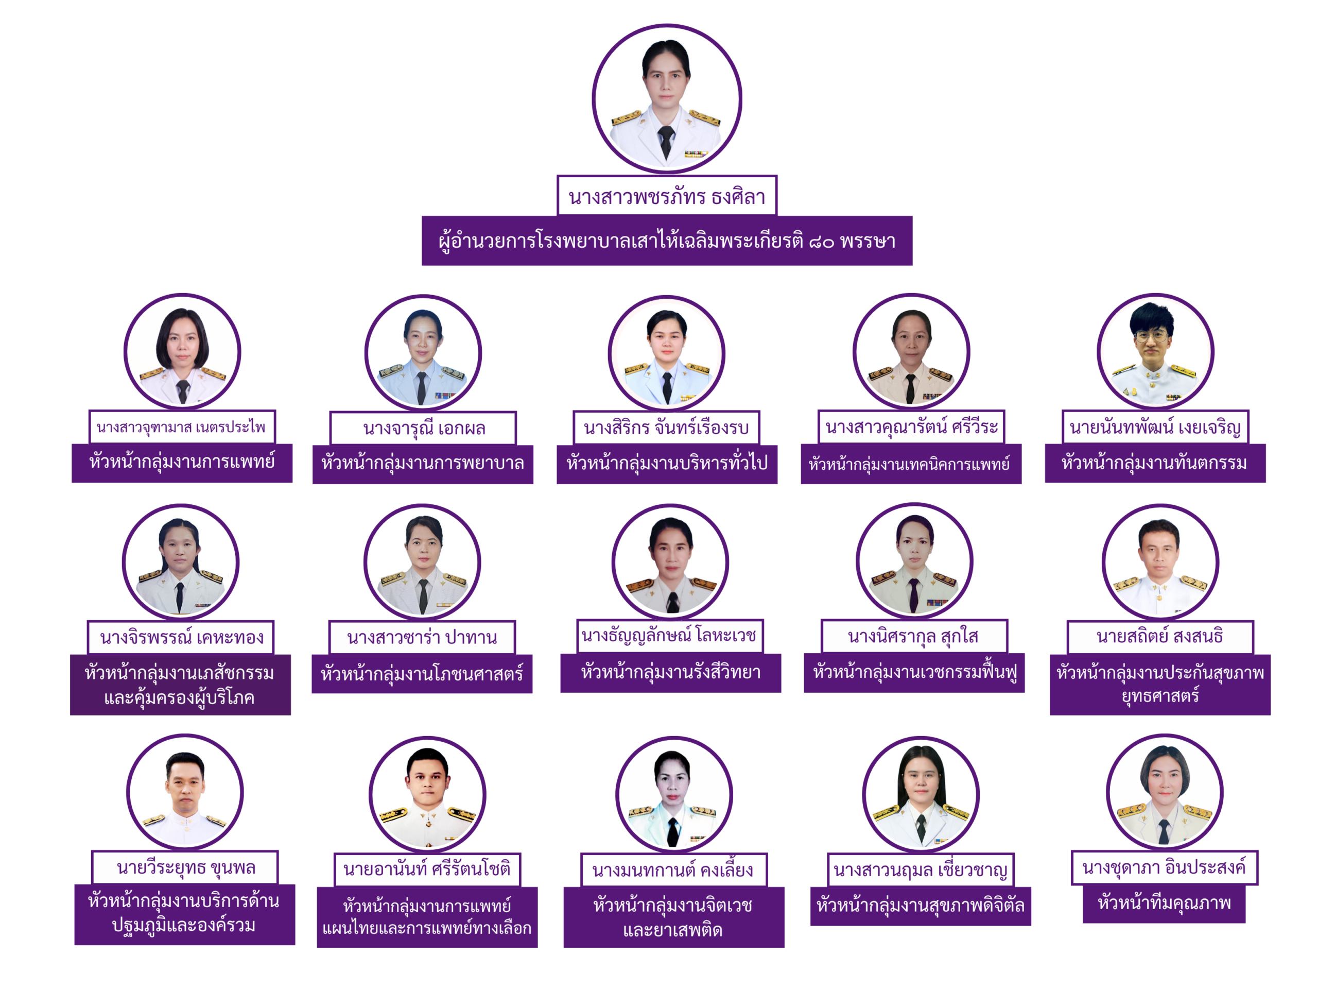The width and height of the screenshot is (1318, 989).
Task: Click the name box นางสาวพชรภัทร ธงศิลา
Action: coord(667,196)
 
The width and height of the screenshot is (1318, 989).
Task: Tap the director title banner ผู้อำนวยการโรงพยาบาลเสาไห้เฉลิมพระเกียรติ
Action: coord(667,241)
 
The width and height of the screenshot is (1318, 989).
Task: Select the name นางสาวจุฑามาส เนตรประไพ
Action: coord(182,427)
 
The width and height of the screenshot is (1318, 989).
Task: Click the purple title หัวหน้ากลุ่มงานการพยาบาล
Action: coord(423,464)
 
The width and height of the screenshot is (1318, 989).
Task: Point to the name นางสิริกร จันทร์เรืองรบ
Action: coord(666,428)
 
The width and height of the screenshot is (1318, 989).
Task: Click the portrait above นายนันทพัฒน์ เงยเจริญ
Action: coord(1155,352)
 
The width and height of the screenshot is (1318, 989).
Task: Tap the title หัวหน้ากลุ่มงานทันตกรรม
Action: coord(1155,463)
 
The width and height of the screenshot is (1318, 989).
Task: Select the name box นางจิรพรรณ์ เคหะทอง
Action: coord(181,637)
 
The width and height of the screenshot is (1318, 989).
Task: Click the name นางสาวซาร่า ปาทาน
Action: coord(422,637)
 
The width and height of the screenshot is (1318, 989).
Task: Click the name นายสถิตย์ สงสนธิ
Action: coord(1160,637)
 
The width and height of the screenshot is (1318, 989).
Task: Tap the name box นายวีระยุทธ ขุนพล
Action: coord(185,867)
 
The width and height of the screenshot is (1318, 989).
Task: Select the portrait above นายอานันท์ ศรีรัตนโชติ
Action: coord(427,795)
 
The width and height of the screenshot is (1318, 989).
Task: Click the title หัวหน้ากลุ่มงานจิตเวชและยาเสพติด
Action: coord(674,917)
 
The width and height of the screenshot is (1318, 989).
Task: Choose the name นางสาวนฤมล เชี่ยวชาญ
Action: coord(921,871)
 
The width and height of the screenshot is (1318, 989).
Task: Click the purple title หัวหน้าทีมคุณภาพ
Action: coord(1164,903)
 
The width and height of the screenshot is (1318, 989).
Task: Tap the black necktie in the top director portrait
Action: coord(666,142)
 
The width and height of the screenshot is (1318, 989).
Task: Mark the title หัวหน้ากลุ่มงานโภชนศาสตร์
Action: coord(422,674)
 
